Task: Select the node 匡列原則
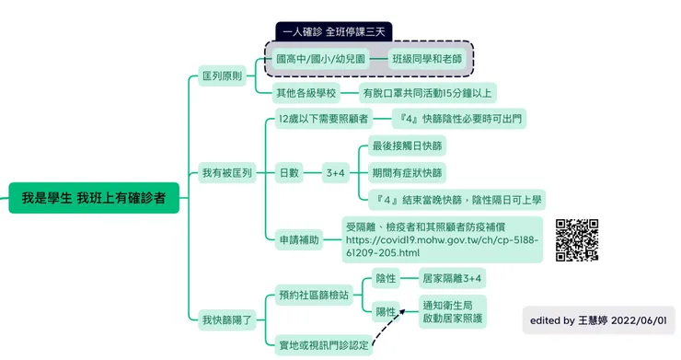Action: pos(222,76)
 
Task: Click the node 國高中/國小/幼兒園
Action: pos(320,59)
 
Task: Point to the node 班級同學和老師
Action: pos(426,59)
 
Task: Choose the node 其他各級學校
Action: pos(306,92)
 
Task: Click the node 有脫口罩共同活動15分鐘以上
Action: pos(428,92)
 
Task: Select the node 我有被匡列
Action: pos(226,172)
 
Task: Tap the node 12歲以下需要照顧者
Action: pos(322,119)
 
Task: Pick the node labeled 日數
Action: pos(289,172)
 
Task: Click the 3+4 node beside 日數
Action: pos(335,172)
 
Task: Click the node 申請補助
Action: pos(299,239)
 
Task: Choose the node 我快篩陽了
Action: pos(226,319)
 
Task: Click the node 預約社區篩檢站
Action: pos(314,295)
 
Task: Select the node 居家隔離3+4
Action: pos(451,278)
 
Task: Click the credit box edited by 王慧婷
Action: pos(598,319)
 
